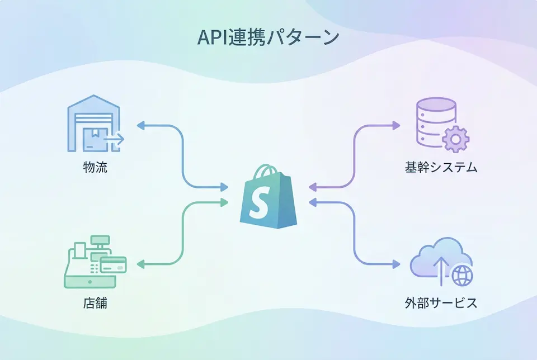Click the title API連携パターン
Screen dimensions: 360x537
pos(268,37)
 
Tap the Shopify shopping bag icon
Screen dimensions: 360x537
pos(268,196)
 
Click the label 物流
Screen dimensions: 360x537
pos(94,167)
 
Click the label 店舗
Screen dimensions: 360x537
pos(94,304)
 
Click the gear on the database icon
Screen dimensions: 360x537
pos(455,139)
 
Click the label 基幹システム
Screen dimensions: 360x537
pos(441,167)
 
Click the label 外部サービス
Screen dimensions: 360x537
pos(441,304)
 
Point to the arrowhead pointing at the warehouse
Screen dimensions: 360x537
pos(140,126)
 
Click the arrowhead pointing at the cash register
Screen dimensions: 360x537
pos(140,263)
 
